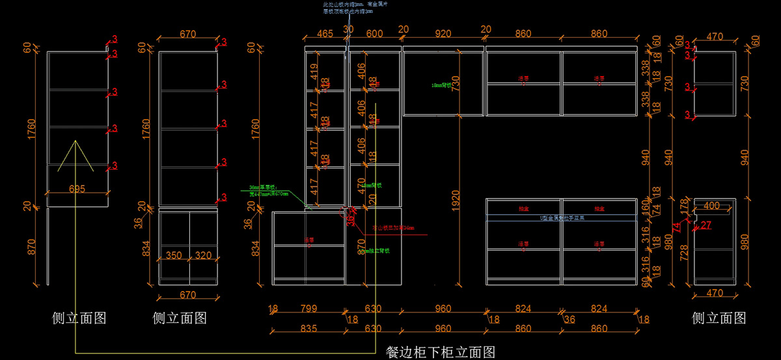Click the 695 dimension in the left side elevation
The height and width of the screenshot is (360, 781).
click(x=77, y=189)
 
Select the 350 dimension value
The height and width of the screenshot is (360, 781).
click(x=173, y=256)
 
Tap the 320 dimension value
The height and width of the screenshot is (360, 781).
click(x=202, y=256)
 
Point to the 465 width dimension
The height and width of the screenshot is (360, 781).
click(x=325, y=35)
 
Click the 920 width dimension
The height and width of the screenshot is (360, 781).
click(x=443, y=35)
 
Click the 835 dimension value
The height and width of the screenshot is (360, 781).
click(x=308, y=329)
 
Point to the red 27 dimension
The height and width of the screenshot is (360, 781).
click(x=707, y=225)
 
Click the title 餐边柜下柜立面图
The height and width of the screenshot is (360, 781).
click(x=441, y=352)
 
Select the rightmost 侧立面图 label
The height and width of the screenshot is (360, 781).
click(x=719, y=318)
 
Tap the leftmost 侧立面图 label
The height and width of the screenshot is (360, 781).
click(x=79, y=318)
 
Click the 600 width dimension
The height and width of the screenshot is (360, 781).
click(x=374, y=35)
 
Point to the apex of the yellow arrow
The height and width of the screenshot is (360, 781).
click(x=76, y=140)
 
